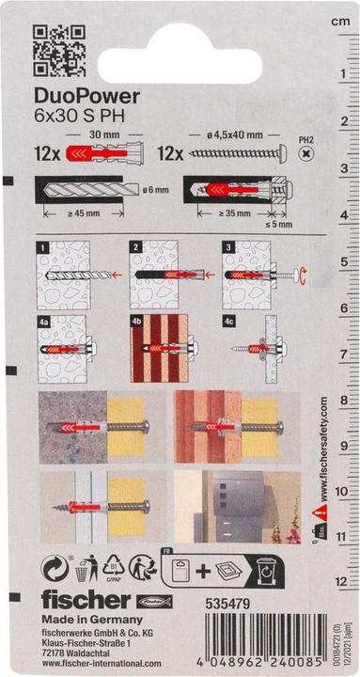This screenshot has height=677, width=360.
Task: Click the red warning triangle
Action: point(321,515)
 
